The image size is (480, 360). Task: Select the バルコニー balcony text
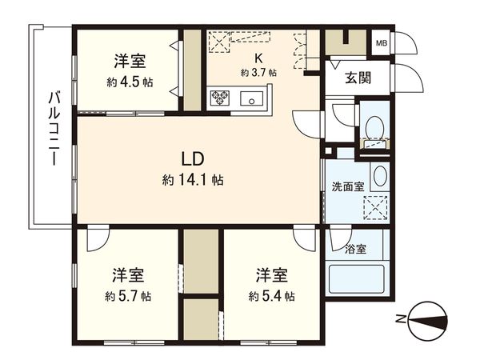[54, 128]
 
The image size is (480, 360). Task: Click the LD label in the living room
[192, 157]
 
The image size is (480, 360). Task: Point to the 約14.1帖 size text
[192, 180]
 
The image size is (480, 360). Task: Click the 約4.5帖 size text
[127, 82]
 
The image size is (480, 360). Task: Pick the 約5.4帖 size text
[271, 296]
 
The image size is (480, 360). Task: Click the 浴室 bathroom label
[355, 249]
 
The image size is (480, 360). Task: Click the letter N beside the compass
[401, 322]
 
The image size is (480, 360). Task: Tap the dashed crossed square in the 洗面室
[374, 208]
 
